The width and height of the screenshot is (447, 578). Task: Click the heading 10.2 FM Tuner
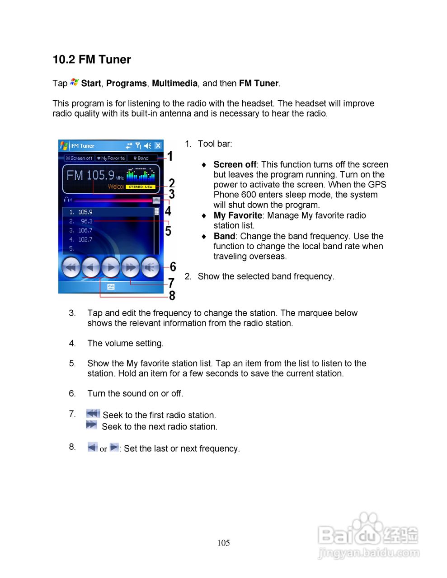pos(92,60)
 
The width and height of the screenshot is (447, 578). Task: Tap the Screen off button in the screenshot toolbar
pos(79,158)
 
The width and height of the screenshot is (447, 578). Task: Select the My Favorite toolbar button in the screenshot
pos(111,158)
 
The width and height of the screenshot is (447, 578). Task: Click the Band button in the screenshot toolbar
pos(141,158)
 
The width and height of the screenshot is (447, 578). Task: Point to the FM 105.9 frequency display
pos(90,175)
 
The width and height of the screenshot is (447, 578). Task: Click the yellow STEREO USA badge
pos(140,186)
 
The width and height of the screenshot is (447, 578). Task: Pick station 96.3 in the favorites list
pos(86,221)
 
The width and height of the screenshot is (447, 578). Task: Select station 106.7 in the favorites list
pos(85,230)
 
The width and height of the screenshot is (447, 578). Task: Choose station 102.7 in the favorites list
pos(85,239)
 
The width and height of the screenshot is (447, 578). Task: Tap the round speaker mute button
pos(151,267)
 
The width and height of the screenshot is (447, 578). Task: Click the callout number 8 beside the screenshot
pos(172,296)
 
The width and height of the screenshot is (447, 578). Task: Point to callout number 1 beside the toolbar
pos(170,156)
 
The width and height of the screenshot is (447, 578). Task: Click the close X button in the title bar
pos(158,145)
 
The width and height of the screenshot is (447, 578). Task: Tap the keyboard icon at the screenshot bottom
pos(111,287)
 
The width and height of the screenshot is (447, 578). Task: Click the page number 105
pos(223,543)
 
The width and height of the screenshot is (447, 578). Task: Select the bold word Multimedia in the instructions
pos(174,84)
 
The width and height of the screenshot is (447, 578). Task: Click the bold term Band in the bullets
pos(224,236)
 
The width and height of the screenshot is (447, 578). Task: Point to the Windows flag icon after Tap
pos(75,83)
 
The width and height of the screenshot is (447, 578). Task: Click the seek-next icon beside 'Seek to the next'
pos(92,425)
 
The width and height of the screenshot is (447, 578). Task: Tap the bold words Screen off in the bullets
pos(235,165)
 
